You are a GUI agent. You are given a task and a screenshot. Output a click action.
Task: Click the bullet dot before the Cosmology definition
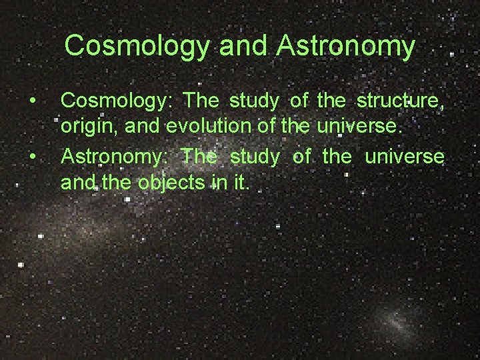(x=32, y=101)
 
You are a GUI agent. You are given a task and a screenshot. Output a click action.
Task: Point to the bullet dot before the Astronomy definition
(x=32, y=157)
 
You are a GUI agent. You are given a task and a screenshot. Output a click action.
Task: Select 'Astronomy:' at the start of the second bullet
(x=115, y=157)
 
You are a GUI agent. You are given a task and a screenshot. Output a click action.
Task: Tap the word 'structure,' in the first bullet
(x=400, y=102)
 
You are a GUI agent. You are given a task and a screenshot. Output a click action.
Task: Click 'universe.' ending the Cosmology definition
(x=370, y=125)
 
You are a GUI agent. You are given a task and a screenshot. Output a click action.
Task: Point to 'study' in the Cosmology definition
(x=251, y=102)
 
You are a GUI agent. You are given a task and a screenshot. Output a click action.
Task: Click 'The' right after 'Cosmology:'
(x=200, y=101)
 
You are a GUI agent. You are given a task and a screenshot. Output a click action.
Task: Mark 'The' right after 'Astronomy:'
(x=199, y=157)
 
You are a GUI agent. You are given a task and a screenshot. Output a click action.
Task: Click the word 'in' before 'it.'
(x=217, y=181)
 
